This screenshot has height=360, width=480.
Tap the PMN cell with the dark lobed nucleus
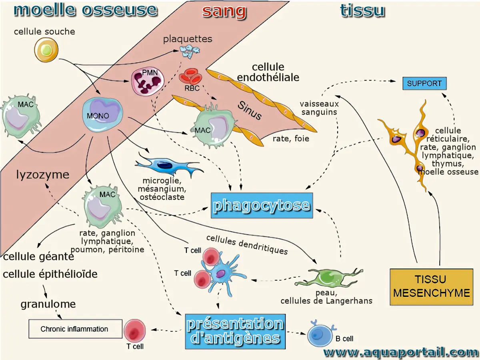(147, 80)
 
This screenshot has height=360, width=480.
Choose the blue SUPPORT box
(424, 84)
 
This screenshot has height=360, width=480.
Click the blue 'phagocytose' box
(262, 206)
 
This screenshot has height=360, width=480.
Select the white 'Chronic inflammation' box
(75, 329)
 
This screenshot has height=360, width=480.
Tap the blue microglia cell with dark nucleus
(167, 166)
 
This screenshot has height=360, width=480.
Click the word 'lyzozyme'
(43, 174)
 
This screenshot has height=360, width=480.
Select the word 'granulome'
(48, 304)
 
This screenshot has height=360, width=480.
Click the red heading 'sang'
(224, 11)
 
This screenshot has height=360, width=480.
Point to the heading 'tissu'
(362, 11)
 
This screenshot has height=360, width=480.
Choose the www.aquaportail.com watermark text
(400, 352)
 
